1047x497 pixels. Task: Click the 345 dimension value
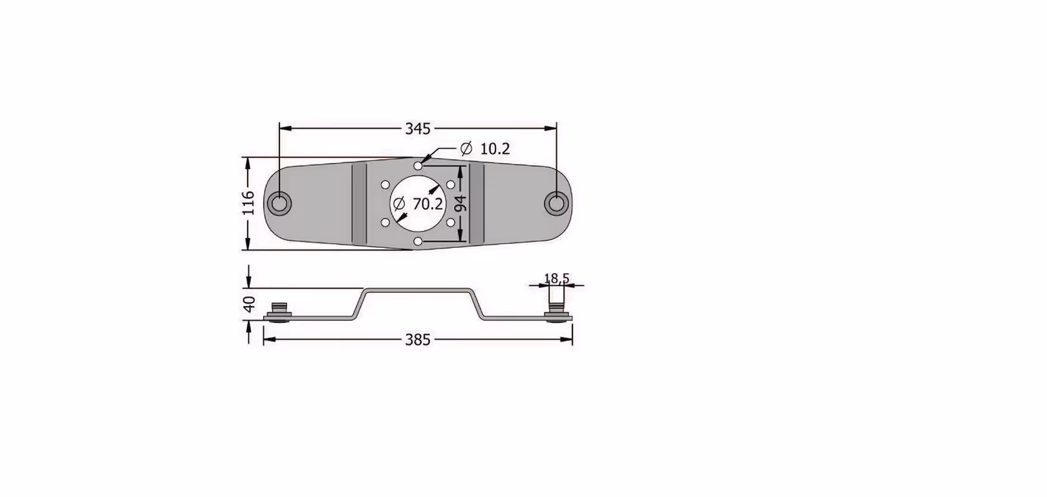pos(417,129)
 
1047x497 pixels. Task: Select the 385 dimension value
pos(417,340)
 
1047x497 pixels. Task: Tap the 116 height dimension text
pos(249,203)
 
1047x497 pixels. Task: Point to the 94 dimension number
pos(461,204)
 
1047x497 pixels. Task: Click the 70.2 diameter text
pos(427,204)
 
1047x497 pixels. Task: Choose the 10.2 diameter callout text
pos(495,149)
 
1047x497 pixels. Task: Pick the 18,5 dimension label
pos(557,278)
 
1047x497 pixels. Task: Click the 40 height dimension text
pos(250,304)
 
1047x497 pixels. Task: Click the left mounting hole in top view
pos(279,204)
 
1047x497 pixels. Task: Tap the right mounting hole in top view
pos(556,204)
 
